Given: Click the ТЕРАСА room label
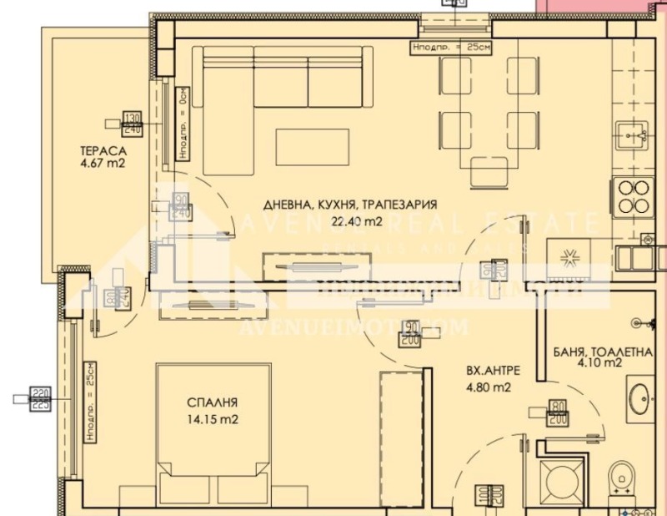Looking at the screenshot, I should coord(103,151).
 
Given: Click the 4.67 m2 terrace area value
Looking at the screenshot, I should coord(103,164).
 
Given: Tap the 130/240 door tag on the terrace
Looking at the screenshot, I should coord(133,123).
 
